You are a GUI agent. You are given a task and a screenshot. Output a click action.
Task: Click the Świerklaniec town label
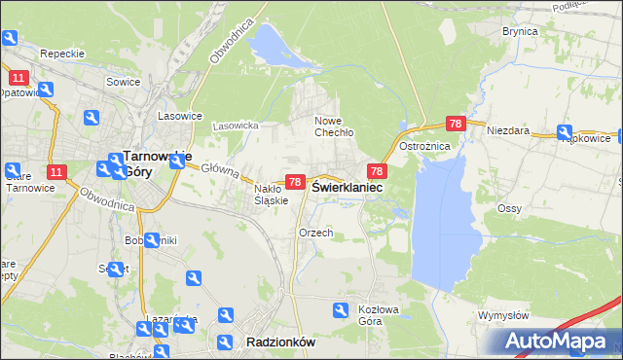point(346,187)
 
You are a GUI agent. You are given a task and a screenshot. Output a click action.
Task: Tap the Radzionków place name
point(281,342)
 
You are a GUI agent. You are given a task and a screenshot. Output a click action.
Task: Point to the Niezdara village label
point(507,128)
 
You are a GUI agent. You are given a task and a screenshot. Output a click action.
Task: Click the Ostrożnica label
point(423,146)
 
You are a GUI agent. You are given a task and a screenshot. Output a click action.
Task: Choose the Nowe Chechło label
point(333,126)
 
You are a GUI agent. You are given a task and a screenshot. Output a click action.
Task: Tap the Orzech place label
point(316,234)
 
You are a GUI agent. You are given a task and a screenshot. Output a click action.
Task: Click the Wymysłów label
point(503,316)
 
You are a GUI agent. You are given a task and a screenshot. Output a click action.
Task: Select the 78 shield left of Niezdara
point(456,124)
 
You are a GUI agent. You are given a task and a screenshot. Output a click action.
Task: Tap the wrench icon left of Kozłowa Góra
point(341,310)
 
